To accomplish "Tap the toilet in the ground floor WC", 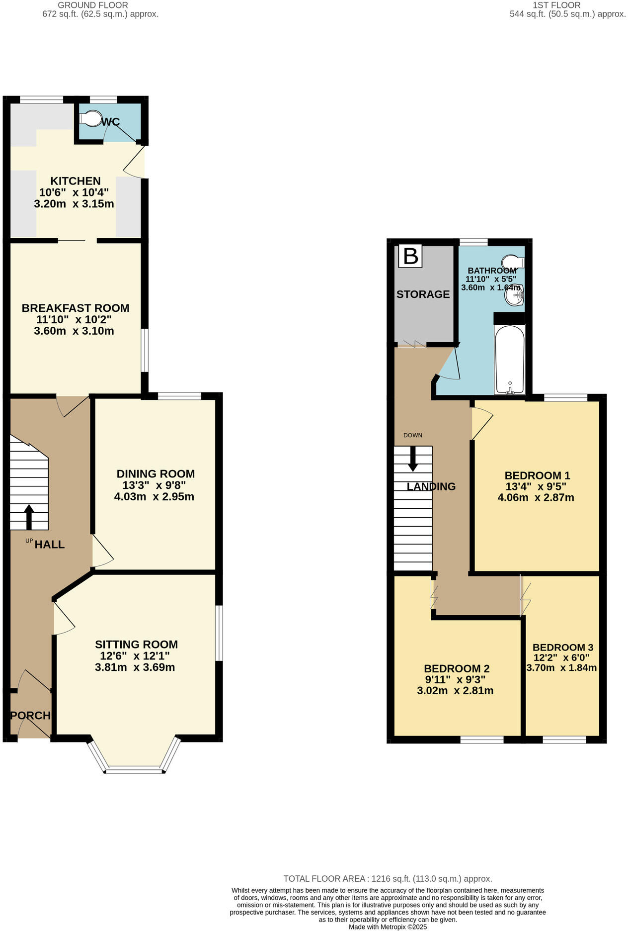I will point(89,118).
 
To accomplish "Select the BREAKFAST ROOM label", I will point(76,308).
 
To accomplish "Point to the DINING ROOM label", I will point(156,474).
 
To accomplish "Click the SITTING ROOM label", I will point(136,645).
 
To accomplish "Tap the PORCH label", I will point(31,716).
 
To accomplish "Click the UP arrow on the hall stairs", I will point(29,517).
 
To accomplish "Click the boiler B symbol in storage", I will point(410,256).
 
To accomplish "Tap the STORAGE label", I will point(423,294).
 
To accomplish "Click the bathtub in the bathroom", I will point(510,359).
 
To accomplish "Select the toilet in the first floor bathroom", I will point(512,262).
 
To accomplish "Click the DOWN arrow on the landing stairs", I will point(413,459).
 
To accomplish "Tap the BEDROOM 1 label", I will point(537,475).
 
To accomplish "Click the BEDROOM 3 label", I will point(562,648).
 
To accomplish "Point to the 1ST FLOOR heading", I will point(556,5).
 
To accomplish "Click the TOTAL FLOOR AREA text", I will point(388,879).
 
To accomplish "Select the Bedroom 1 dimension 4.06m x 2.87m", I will point(536,498).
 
